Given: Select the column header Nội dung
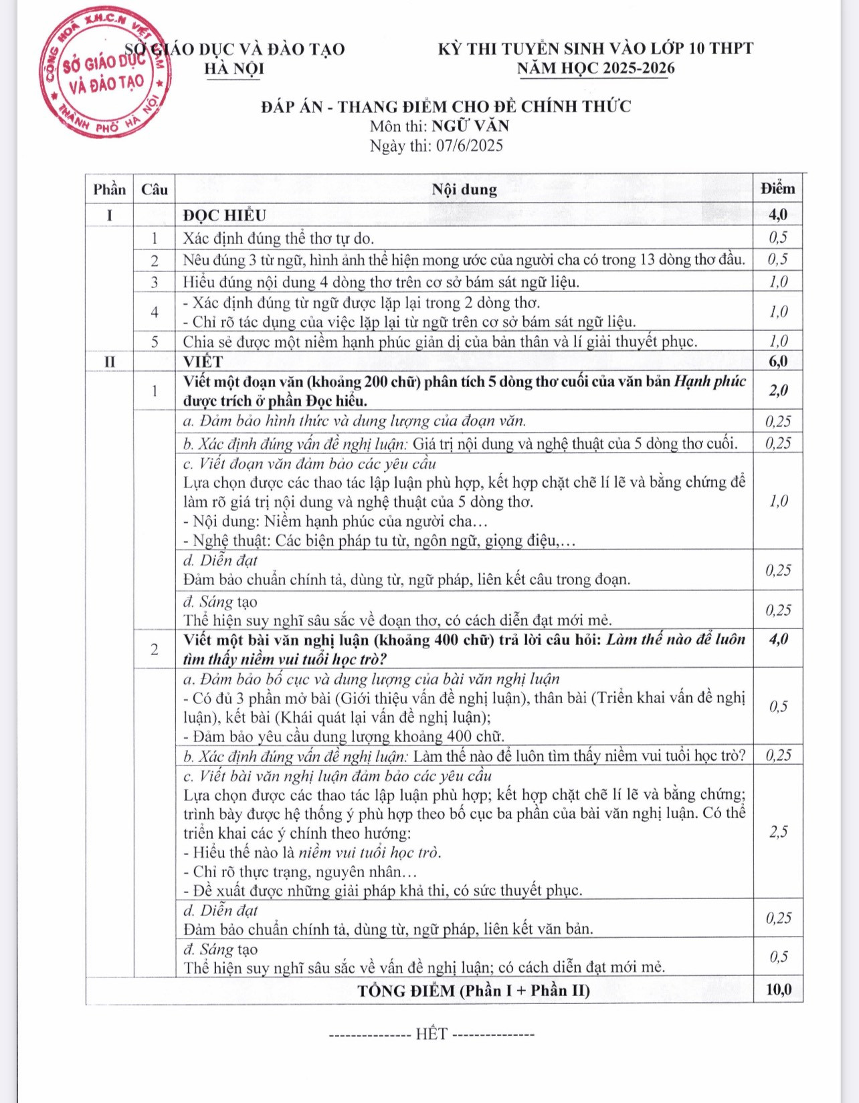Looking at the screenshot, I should [x=464, y=189].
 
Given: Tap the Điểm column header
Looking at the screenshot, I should [x=778, y=189].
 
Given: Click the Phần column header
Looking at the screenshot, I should [x=109, y=189].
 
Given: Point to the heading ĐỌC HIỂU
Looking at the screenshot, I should [x=225, y=215].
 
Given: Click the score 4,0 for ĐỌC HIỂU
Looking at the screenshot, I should [x=778, y=215].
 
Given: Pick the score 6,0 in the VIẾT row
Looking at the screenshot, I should [x=778, y=362].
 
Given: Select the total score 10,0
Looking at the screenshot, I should [x=779, y=990].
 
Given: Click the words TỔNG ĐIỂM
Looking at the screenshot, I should [x=406, y=991].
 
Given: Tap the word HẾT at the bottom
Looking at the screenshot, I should [x=432, y=1034].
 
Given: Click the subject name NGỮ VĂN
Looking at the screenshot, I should [x=470, y=126].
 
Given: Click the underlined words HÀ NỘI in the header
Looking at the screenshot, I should [x=234, y=69].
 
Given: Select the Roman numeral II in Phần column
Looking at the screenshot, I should [x=109, y=362].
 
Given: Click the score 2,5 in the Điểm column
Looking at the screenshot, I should [x=778, y=832].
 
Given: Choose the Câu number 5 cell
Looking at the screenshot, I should [x=155, y=342].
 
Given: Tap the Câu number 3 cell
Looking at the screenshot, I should [x=155, y=282].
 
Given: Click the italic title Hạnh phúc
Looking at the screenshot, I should [x=710, y=381].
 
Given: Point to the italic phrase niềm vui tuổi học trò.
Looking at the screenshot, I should [x=369, y=852].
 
